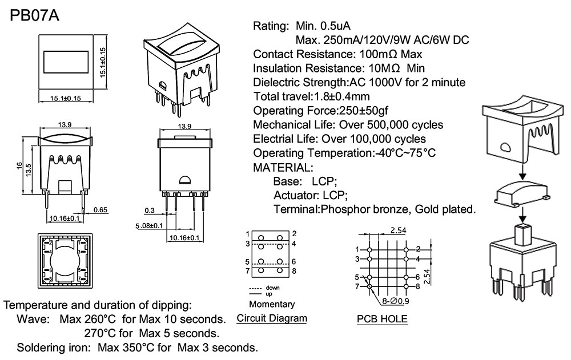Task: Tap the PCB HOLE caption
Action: pos(382,319)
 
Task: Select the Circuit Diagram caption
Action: pos(271,318)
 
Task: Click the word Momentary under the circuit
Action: pos(272,304)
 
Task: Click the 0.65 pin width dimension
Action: pos(100,210)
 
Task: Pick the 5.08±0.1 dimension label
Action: pos(149,226)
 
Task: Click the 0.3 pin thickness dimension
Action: pos(150,210)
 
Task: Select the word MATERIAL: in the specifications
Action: pos(283,168)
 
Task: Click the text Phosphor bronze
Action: pos(359,209)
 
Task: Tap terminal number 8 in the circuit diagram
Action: pos(293,271)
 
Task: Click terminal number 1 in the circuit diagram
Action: pos(247,234)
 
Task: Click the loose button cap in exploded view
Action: pos(520,193)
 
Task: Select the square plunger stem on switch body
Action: pos(522,233)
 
